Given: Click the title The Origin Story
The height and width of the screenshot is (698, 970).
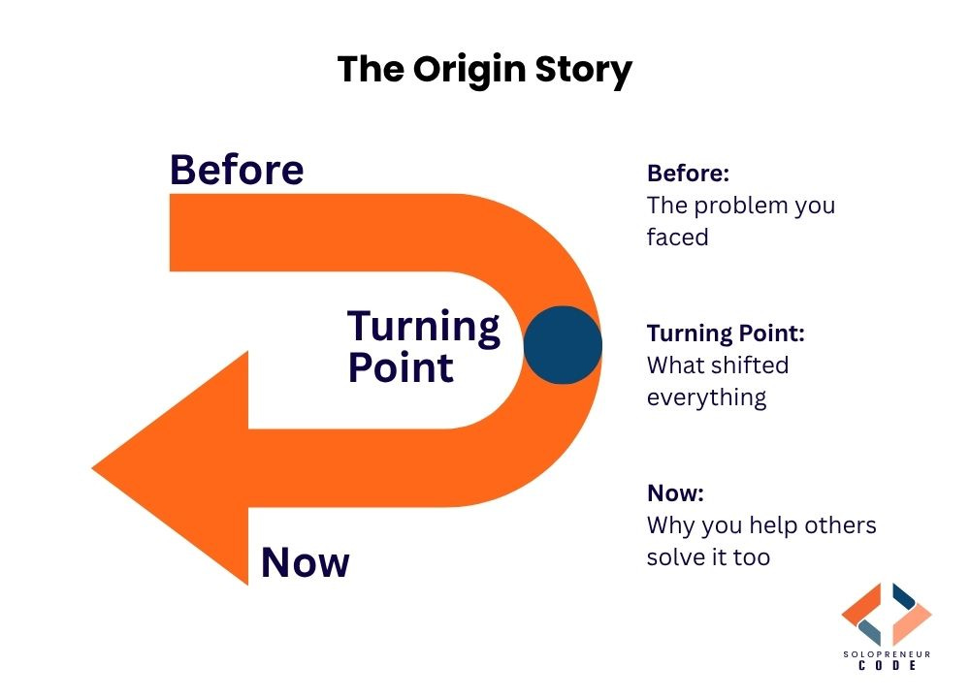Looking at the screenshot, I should (484, 70).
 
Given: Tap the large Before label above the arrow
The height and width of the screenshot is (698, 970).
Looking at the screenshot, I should (237, 170).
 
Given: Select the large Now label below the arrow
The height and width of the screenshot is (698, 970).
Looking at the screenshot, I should (305, 562).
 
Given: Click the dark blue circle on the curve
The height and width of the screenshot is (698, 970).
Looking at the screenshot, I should (563, 345).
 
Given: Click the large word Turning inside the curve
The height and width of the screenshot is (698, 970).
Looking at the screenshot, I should (424, 327).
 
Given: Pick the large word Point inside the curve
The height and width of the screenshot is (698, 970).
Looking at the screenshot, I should (401, 368).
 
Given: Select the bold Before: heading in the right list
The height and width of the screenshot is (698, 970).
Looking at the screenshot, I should (688, 174).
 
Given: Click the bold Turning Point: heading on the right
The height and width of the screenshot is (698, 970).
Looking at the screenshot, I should (726, 333).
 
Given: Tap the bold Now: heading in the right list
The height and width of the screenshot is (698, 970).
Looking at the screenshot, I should (675, 493).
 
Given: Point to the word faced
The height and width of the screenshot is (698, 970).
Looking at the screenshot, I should (677, 237).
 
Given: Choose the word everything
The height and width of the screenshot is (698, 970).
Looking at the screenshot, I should (706, 397).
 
